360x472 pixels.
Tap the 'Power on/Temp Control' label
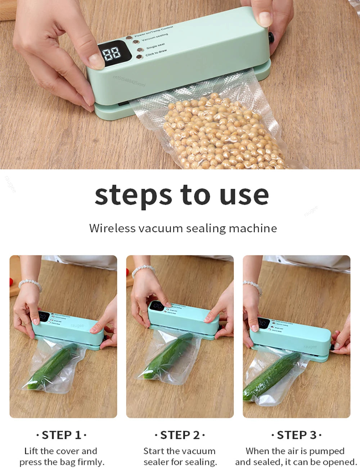(x=154, y=32)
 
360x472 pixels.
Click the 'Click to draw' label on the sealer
(x=156, y=53)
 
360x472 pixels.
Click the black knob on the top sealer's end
(x=271, y=37)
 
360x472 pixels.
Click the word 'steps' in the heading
(x=133, y=196)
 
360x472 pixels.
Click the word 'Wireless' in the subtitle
(x=112, y=228)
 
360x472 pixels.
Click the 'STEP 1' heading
(x=62, y=435)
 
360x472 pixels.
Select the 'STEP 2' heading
(x=180, y=435)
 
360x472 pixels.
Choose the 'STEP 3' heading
(x=296, y=435)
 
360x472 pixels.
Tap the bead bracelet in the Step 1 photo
(x=31, y=284)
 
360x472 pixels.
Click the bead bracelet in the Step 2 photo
(x=143, y=270)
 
